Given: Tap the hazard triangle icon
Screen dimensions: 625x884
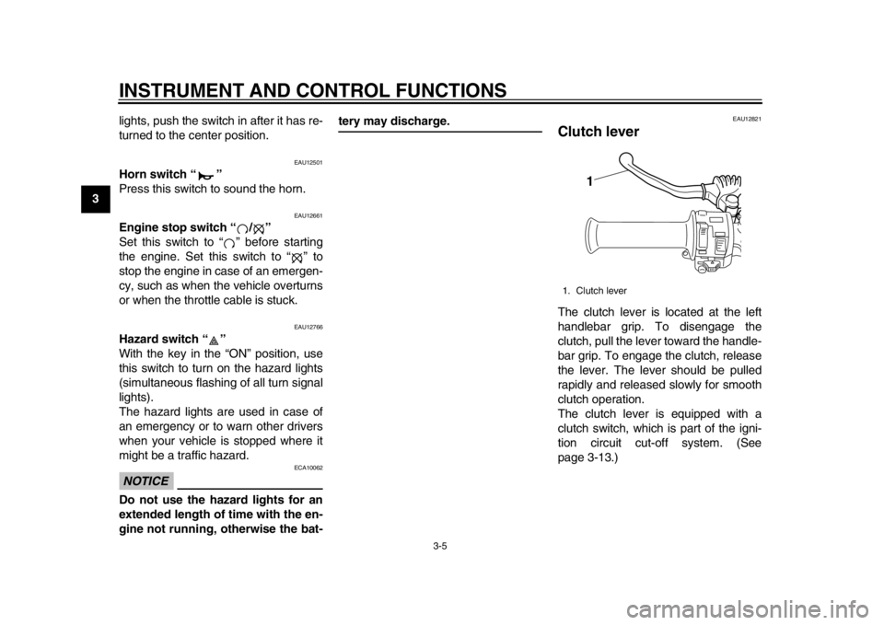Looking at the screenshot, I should pos(214,341).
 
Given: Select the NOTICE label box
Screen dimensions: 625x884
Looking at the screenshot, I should pos(145,480).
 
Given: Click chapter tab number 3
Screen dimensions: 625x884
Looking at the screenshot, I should pos(95,198).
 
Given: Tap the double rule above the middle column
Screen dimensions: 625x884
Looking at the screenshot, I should pos(440,131).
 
